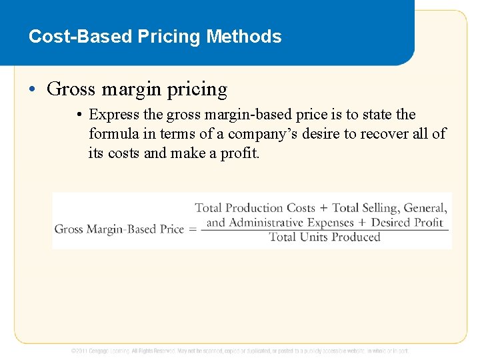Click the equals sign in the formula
pos(192,229)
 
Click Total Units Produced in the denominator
pos(324,237)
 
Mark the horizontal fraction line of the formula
pos(324,230)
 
